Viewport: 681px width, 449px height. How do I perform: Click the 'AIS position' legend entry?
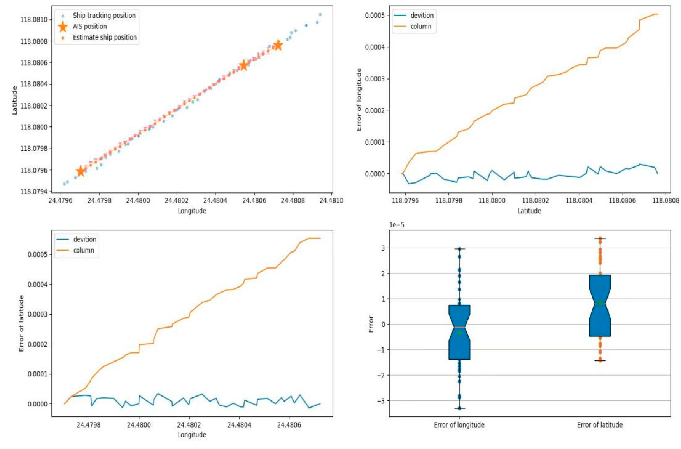coord(90,26)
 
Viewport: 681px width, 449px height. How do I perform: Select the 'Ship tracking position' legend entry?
coord(104,15)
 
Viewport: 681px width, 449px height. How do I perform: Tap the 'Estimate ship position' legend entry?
coord(105,37)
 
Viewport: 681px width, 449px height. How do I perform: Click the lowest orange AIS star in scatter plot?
coord(81,171)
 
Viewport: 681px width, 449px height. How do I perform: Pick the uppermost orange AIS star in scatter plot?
coord(278,45)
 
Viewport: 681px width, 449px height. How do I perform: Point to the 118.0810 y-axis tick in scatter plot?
coord(32,20)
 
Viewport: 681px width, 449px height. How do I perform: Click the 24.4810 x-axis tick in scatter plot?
coord(331,200)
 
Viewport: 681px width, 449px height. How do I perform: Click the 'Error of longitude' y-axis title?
coord(359,99)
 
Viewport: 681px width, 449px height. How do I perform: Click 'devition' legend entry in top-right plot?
coord(422,15)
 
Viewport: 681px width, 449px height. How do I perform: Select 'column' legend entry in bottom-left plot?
coord(84,250)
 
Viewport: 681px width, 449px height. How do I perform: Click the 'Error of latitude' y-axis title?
coord(21,323)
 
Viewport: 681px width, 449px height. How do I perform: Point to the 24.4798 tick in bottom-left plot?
coord(89,424)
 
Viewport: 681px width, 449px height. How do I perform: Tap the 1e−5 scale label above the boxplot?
coord(396,225)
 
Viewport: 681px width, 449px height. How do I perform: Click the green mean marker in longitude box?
coord(459,333)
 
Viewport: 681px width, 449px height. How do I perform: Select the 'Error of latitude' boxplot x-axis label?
coord(600,425)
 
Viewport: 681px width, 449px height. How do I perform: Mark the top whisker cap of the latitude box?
coord(600,238)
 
